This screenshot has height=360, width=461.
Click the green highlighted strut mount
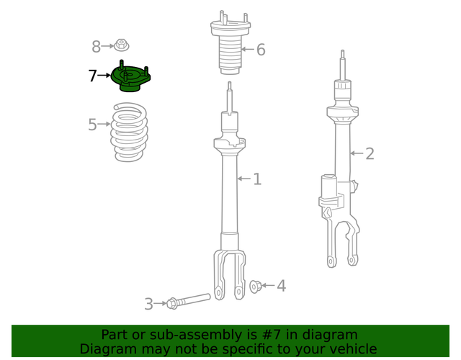(130, 78)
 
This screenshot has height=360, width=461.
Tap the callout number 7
(92, 76)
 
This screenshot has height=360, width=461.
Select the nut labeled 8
(121, 46)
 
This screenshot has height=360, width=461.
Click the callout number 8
(97, 48)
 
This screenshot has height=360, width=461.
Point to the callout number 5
(92, 125)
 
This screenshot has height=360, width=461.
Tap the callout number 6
(261, 50)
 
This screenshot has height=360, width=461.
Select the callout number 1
(257, 179)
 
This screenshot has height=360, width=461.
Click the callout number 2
(370, 153)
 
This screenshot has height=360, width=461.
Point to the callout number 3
(148, 305)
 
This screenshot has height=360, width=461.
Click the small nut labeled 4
(255, 287)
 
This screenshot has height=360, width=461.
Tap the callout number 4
(281, 286)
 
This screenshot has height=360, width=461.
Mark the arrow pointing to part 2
(357, 153)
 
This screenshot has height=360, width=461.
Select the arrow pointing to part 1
(244, 179)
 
